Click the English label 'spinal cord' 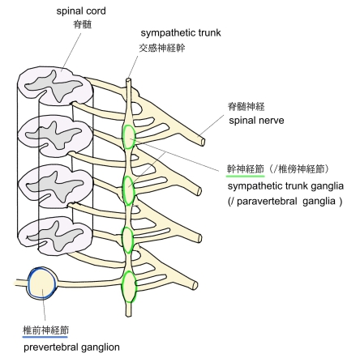81,11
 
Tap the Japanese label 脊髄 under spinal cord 83,24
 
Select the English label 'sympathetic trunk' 181,33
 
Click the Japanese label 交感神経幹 162,48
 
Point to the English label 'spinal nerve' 256,121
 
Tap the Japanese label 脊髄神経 246,107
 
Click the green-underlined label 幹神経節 245,169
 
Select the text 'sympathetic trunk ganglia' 285,186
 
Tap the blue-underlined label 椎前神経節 45,330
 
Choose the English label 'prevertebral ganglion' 71,347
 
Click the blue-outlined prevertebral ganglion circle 42,283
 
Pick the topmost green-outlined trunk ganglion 128,137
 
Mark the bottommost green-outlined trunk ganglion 129,287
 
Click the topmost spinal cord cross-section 55,87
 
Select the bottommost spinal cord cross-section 55,236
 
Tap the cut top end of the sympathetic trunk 128,80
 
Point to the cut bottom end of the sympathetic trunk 129,315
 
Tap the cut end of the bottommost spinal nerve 195,285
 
